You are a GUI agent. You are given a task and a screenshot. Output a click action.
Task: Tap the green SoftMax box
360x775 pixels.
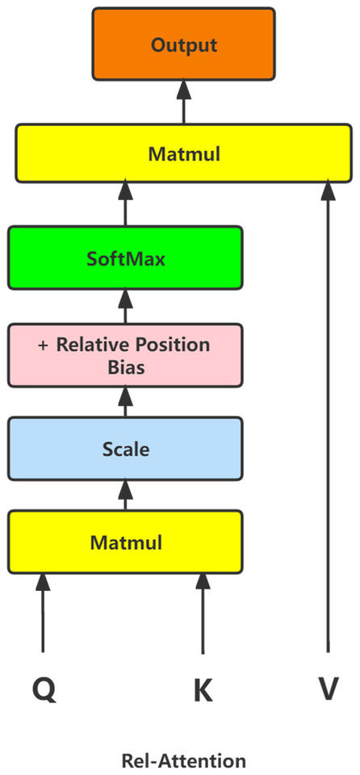[125, 258]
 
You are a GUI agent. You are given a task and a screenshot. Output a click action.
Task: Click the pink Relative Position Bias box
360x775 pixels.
[125, 355]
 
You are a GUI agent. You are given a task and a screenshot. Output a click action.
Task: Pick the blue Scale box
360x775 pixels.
[125, 448]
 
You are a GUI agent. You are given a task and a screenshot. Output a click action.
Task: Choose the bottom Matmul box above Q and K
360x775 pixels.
[125, 542]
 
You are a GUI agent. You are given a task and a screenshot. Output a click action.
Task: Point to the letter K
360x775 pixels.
[203, 689]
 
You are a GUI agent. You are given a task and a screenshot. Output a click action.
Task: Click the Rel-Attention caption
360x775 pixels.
[183, 760]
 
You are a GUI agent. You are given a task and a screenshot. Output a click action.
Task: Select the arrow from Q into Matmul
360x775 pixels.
[44, 614]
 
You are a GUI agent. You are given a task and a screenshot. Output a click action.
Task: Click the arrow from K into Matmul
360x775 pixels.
[203, 614]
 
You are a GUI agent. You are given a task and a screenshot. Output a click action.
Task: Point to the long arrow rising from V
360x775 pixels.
[328, 420]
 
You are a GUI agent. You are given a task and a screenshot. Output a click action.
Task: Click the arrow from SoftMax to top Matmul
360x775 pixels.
[125, 203]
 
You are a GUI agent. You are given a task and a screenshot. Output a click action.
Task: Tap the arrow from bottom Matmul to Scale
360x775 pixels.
[125, 493]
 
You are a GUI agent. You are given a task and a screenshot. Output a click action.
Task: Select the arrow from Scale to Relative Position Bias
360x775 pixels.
[125, 400]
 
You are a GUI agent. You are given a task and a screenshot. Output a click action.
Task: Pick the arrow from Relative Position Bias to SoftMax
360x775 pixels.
[125, 306]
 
